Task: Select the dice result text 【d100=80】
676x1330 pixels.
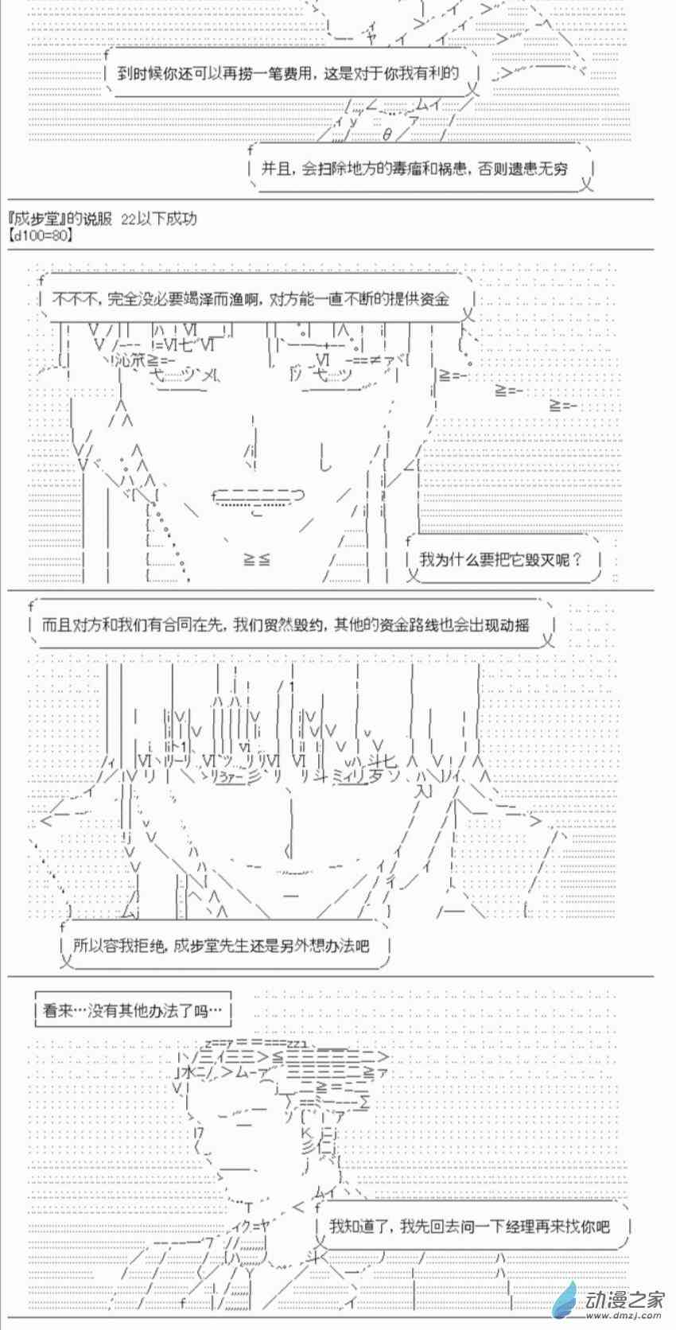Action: pos(41,235)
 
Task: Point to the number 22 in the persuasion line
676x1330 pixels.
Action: pos(128,219)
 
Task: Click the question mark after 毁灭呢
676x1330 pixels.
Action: pos(577,559)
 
